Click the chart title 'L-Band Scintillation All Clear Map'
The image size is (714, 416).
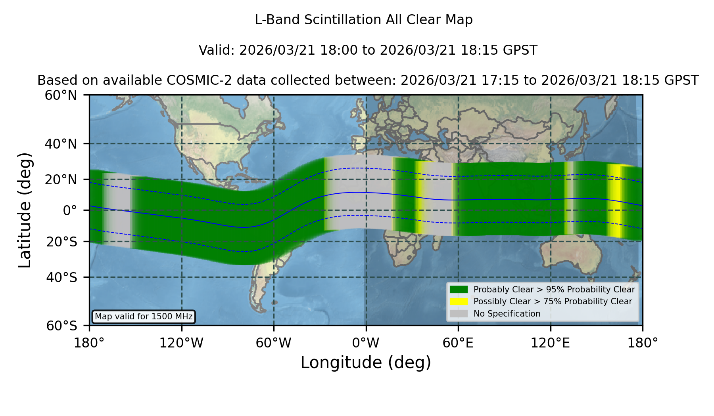[364, 19]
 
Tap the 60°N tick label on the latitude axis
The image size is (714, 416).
[61, 95]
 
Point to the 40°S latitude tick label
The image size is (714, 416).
[61, 277]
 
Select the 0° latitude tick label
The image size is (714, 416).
[70, 210]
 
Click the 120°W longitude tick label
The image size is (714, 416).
[181, 343]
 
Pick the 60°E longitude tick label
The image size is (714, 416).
[458, 343]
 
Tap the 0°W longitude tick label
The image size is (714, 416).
[366, 343]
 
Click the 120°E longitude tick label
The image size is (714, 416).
[550, 343]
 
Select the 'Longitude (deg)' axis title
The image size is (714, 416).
[366, 363]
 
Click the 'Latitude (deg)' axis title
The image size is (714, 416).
[25, 210]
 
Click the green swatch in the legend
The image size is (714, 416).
[459, 290]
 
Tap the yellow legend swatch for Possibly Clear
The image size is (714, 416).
[459, 302]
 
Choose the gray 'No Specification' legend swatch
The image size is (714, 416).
[459, 314]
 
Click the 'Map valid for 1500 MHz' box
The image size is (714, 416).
[144, 317]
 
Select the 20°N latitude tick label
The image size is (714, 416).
[61, 179]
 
